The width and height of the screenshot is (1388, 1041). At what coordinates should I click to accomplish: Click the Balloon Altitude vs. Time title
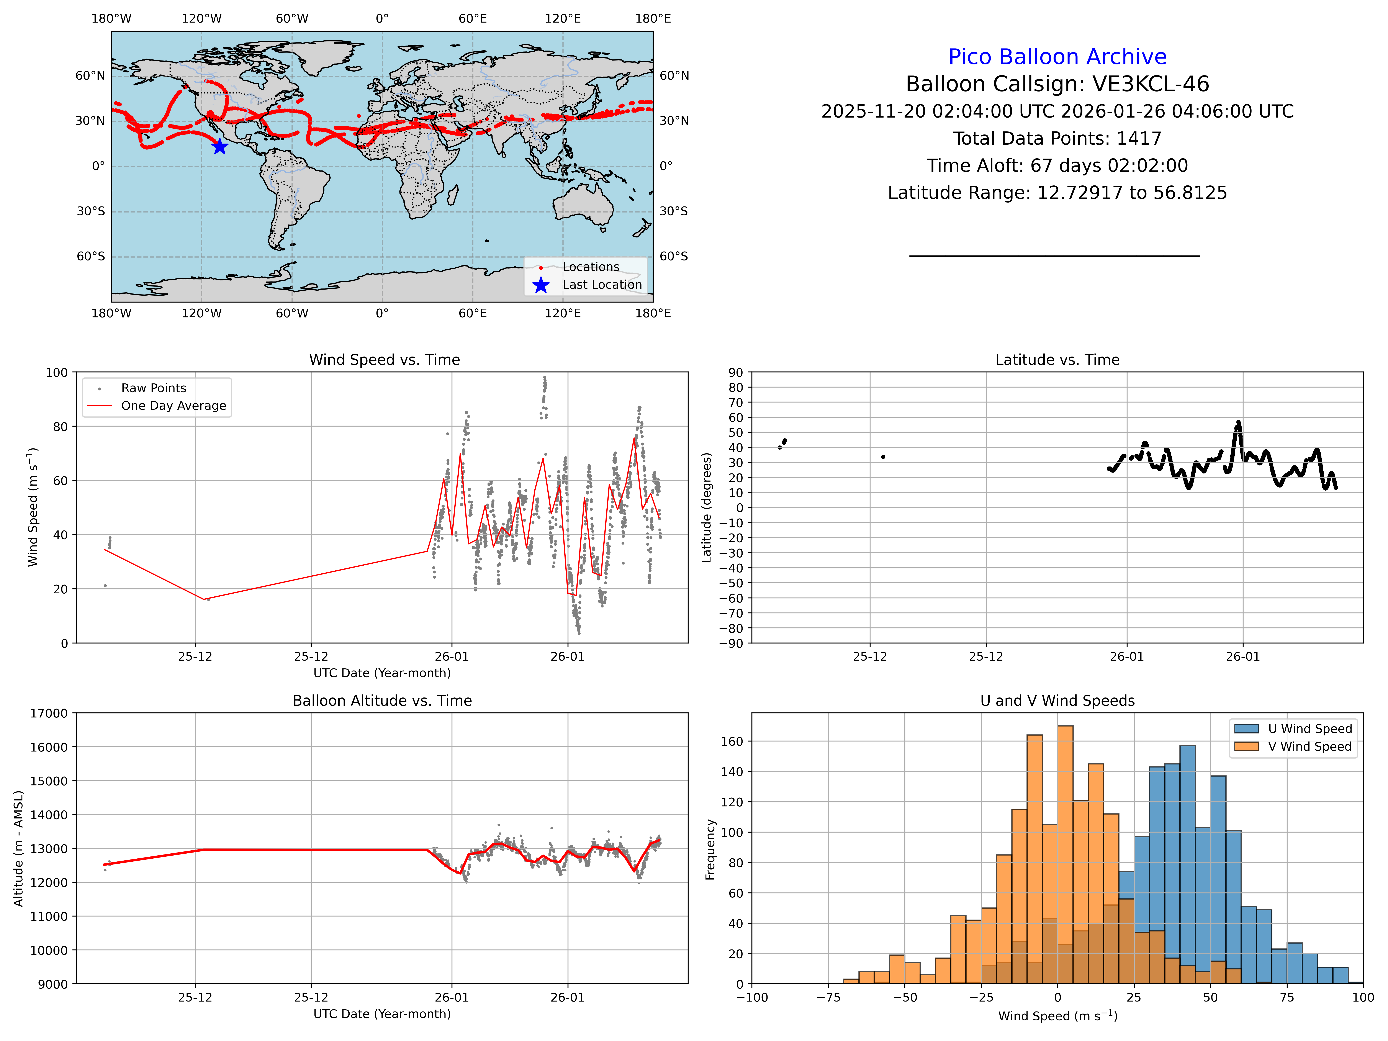click(382, 700)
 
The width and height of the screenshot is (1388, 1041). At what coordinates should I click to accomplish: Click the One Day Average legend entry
click(173, 405)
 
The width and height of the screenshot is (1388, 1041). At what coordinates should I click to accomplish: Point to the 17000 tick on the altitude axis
click(49, 713)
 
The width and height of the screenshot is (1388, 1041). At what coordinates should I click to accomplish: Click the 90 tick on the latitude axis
click(735, 372)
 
